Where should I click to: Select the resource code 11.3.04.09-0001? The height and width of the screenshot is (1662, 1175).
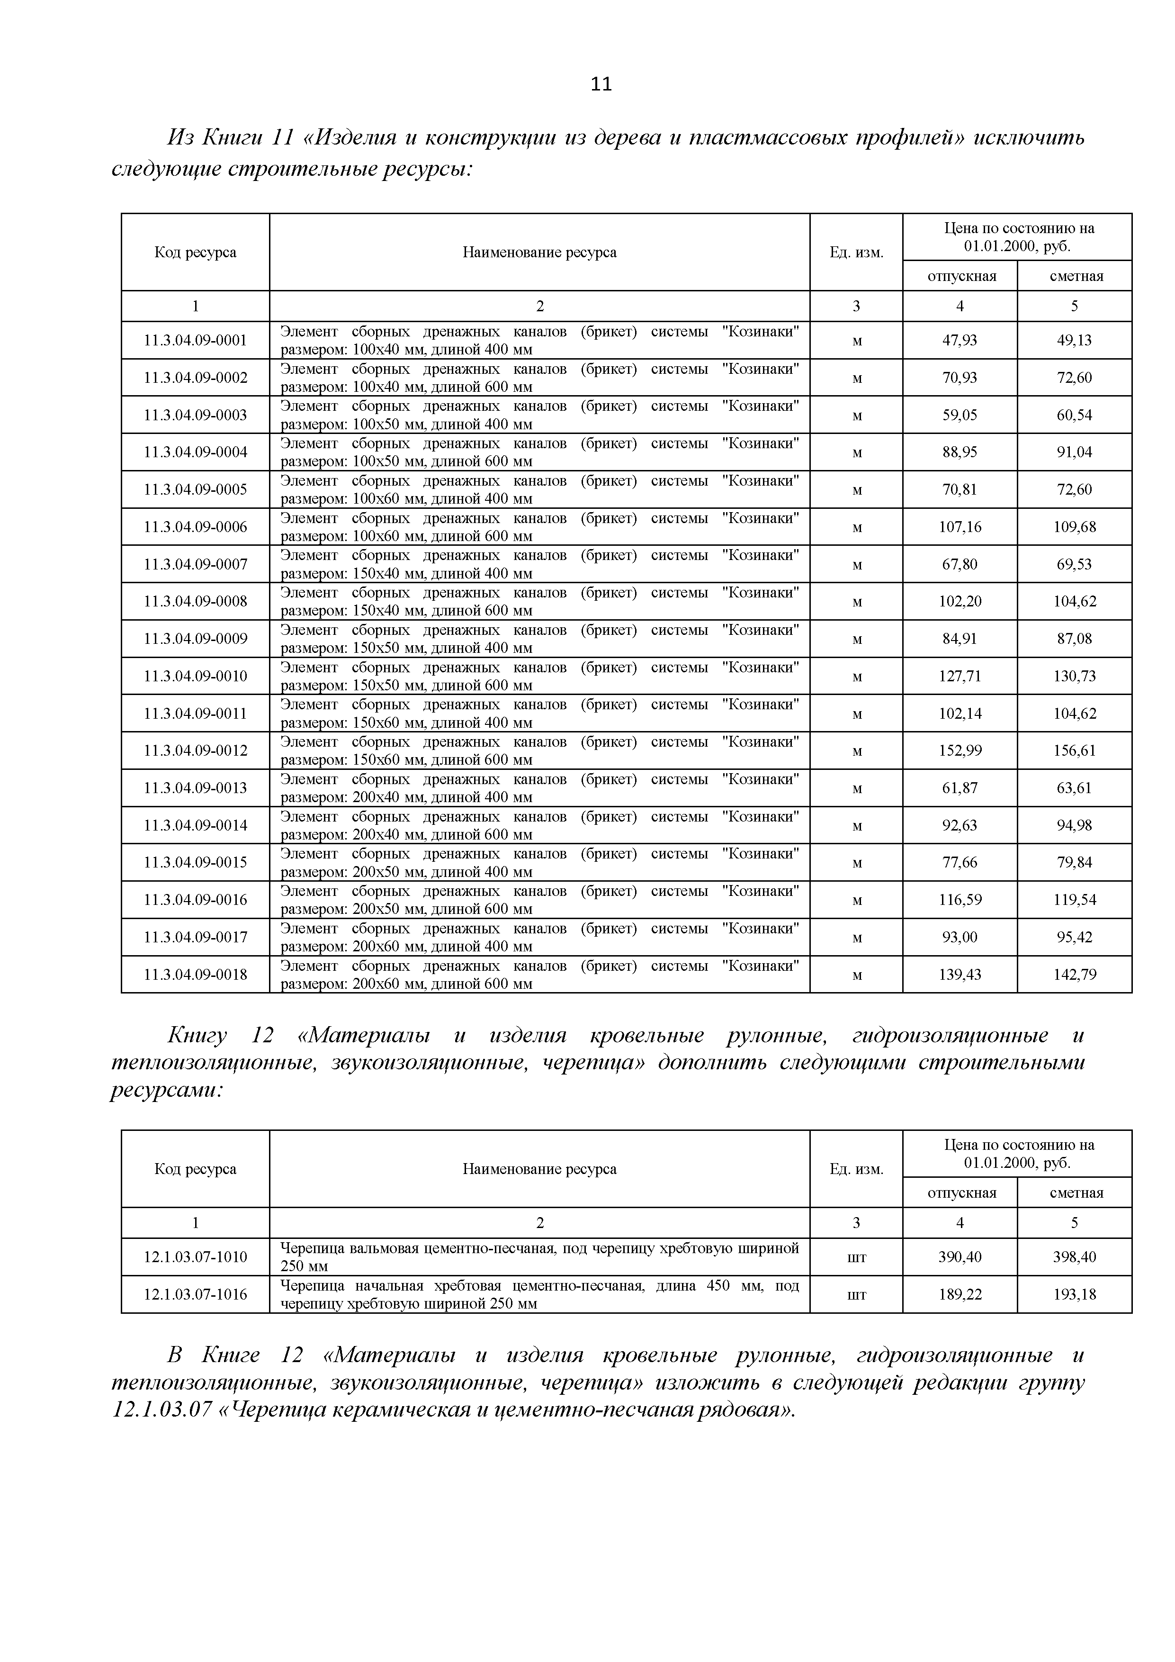point(195,340)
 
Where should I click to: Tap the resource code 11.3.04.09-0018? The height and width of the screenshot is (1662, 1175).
point(195,975)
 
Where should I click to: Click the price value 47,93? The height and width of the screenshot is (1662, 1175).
point(960,340)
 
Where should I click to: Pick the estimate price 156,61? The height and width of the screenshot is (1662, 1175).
point(1075,750)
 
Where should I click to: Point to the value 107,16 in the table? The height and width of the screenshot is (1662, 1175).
point(960,527)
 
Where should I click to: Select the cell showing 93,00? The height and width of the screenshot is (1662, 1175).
point(960,938)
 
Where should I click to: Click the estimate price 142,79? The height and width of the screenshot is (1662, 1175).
point(1075,975)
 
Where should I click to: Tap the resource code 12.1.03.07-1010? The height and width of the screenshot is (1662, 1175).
point(195,1257)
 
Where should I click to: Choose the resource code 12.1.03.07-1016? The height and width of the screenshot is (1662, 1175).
point(195,1294)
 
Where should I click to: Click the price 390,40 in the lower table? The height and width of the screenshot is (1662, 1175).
point(960,1257)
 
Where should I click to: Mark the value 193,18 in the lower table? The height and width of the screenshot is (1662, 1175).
point(1075,1294)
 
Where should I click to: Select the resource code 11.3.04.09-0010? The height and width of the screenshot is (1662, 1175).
point(195,676)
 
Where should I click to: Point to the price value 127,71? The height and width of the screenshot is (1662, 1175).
point(960,676)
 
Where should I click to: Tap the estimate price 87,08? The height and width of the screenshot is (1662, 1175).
point(1075,639)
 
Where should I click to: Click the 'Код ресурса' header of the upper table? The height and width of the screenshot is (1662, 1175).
point(195,253)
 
